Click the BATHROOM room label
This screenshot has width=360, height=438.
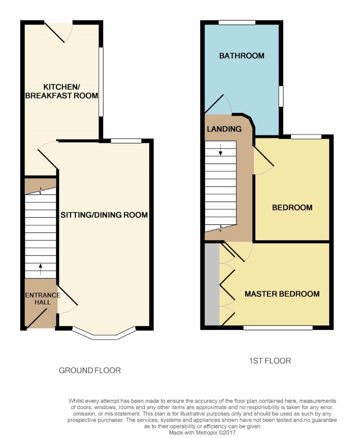point(242,56)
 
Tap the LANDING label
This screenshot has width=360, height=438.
point(224,129)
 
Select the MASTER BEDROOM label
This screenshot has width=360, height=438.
point(282,294)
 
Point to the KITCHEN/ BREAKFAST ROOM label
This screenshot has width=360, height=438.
point(61,91)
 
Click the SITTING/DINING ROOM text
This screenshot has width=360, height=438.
point(104,215)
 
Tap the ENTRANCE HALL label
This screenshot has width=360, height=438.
point(43,299)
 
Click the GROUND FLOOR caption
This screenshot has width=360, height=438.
point(90,371)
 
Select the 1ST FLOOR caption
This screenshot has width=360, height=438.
point(270,361)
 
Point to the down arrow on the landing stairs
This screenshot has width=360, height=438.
point(221,150)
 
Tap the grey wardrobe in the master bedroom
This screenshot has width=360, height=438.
point(212,284)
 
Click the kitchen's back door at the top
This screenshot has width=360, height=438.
point(59,32)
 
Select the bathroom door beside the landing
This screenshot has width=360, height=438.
point(218,104)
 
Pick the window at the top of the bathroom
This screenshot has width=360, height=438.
point(237,22)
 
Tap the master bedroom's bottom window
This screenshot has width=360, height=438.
point(278,327)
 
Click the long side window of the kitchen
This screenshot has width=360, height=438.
point(101,82)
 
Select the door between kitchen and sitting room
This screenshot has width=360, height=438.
point(48,155)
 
